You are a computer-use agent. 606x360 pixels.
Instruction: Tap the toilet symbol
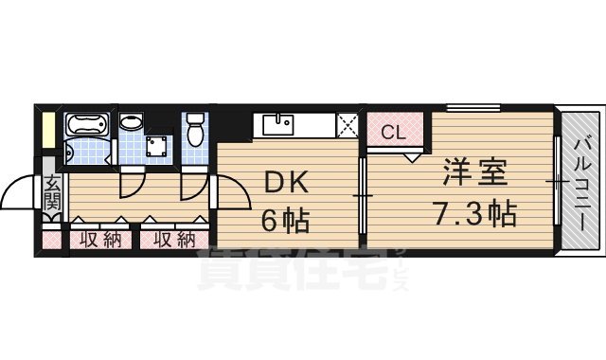pyautogui.click(x=195, y=130)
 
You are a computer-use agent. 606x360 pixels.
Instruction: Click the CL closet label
pyautogui.click(x=394, y=133)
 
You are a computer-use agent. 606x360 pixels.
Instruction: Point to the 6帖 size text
pyautogui.click(x=284, y=223)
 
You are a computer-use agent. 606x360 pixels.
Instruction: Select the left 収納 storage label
pyautogui.click(x=100, y=239)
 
